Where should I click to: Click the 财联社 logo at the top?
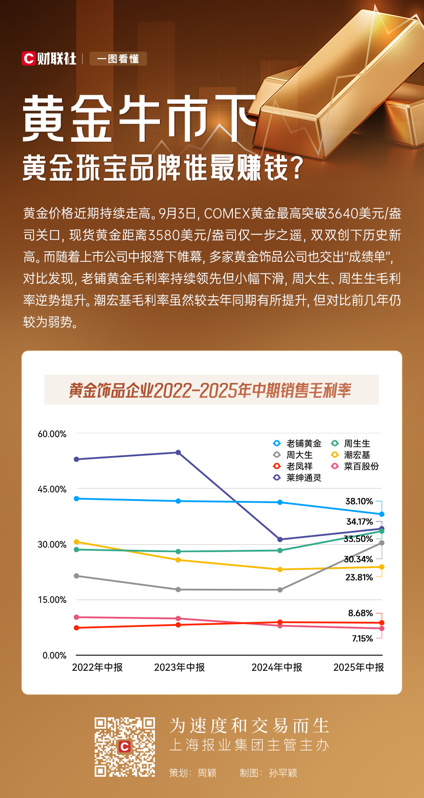coord(49,58)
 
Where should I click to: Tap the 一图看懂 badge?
coord(118,59)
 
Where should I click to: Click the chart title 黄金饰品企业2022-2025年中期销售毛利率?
coord(211,390)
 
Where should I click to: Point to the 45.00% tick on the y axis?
coord(52,489)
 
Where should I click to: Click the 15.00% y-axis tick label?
coord(52,600)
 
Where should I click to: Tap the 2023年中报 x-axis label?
coord(179,667)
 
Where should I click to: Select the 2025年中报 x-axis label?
coord(358,667)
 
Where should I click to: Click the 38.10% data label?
coord(359,501)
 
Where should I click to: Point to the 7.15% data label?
coord(362,639)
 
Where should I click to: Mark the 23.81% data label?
coord(359,577)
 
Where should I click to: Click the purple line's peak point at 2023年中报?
coord(178,452)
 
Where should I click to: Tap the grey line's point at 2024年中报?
coord(280,590)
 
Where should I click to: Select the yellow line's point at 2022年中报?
coord(77,542)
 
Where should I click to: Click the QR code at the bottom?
coord(125,747)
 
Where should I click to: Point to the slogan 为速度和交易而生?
coord(249,726)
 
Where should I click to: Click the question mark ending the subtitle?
coord(296,168)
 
